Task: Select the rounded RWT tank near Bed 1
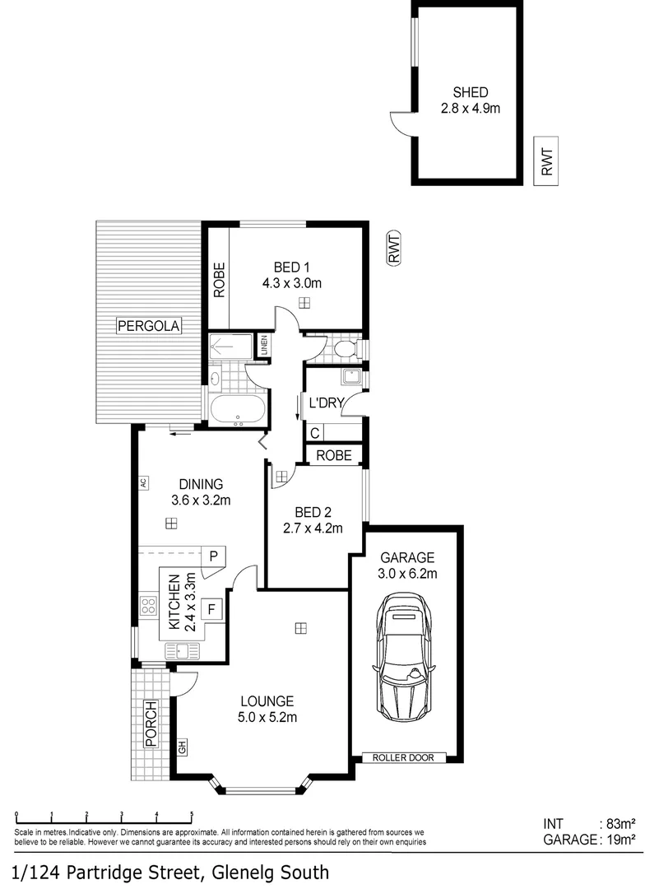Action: (394, 248)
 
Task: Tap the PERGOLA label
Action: (148, 326)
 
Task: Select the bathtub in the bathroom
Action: (238, 409)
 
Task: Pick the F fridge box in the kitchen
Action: (212, 610)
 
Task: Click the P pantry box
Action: (212, 556)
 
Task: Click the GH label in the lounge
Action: (183, 748)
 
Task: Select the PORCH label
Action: (151, 724)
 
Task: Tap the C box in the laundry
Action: (315, 432)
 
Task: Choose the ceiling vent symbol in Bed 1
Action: (305, 303)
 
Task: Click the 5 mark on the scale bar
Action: (192, 814)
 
